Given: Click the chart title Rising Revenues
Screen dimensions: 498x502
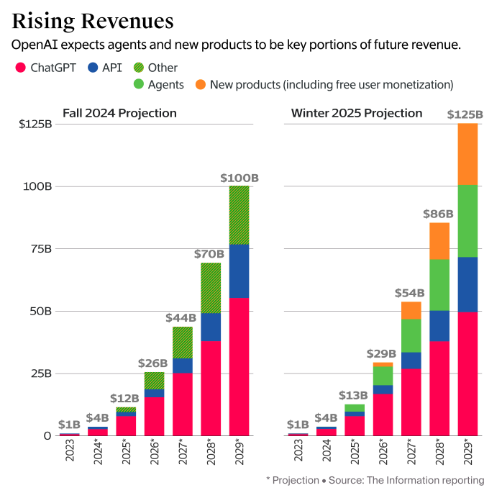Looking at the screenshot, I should (92, 19).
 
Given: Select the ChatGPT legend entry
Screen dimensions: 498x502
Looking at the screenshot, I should (47, 68).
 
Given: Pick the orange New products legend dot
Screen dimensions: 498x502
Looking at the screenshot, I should (198, 85).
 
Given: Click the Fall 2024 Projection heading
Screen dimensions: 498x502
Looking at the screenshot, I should (119, 113).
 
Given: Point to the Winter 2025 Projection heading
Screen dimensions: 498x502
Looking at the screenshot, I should (356, 113).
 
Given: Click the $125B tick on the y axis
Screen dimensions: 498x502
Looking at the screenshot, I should (35, 124).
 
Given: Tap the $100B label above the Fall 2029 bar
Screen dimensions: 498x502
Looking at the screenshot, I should (239, 178).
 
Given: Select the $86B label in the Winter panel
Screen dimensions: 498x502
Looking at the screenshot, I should (439, 214).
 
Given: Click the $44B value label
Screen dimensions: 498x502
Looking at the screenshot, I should (182, 317).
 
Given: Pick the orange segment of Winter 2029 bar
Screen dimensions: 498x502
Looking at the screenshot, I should (467, 154).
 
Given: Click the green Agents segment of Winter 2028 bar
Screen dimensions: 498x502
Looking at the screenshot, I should (439, 284).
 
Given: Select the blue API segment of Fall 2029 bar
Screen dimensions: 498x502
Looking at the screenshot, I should (239, 271).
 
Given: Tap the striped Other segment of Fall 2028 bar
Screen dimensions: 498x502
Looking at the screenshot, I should (211, 288).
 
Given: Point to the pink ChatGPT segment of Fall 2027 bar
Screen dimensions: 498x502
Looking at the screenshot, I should (183, 404).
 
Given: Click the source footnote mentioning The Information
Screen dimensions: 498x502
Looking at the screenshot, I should (375, 479).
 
